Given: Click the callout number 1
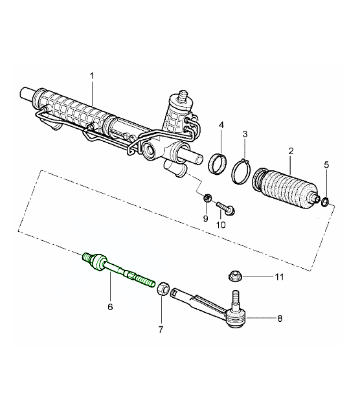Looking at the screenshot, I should pyautogui.click(x=93, y=75).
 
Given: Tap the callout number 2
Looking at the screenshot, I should pyautogui.click(x=291, y=151).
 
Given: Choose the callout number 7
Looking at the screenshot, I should pyautogui.click(x=161, y=329).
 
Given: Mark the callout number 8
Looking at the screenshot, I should pyautogui.click(x=280, y=319).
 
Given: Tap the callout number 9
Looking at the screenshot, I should pyautogui.click(x=207, y=219).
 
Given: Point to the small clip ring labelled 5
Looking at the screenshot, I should pyautogui.click(x=326, y=203).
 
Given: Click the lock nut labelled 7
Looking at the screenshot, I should pyautogui.click(x=165, y=286).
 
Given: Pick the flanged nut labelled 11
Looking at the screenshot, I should pyautogui.click(x=235, y=276).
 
